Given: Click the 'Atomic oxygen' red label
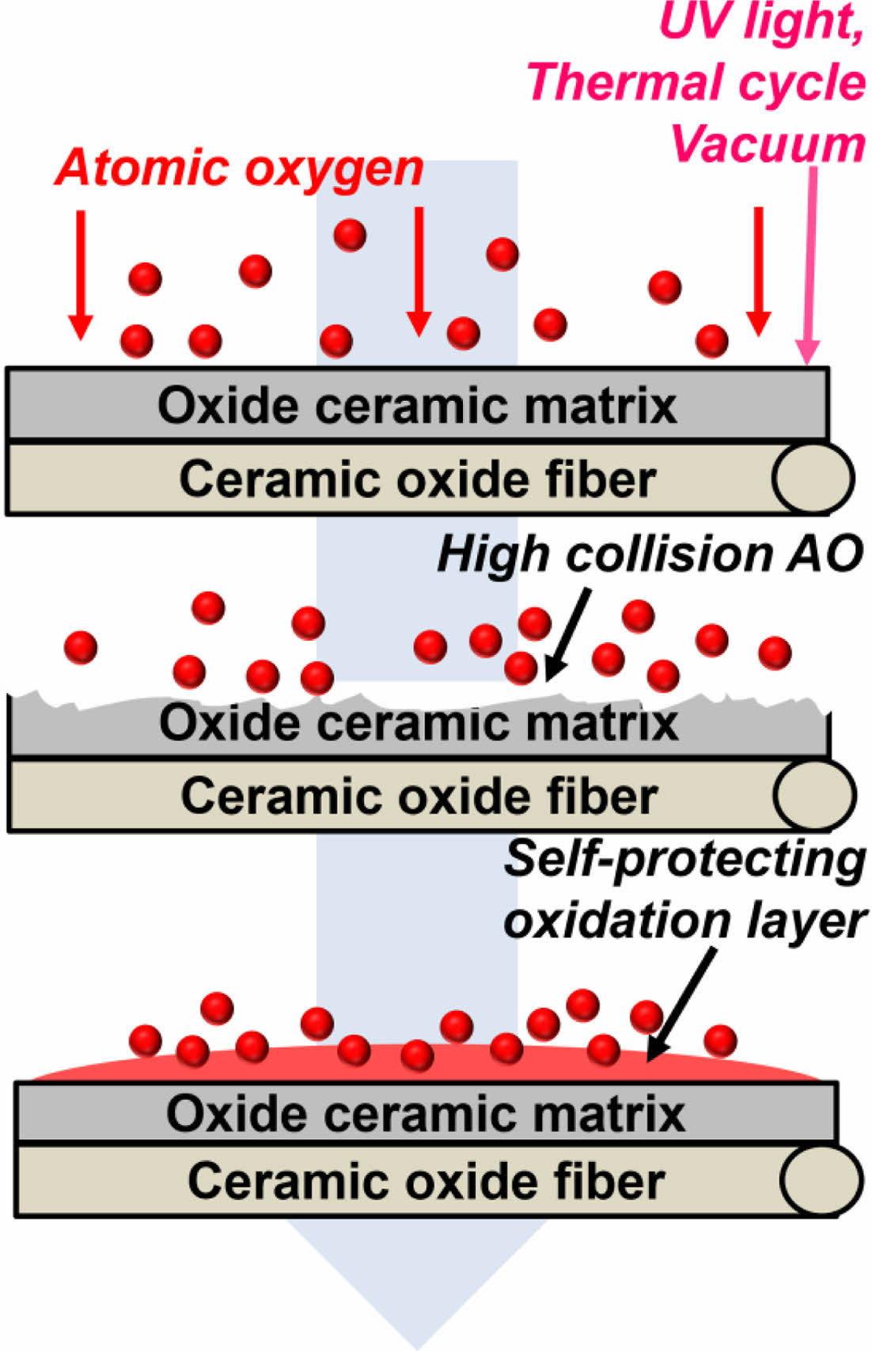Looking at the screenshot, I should [x=239, y=168].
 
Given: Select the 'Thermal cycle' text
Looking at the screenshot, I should [x=696, y=82].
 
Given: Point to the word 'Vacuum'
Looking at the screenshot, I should [x=768, y=144].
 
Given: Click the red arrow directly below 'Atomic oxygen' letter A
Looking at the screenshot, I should [x=80, y=273].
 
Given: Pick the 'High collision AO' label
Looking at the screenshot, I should [x=650, y=553].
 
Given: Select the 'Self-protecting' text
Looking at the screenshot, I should [x=685, y=858].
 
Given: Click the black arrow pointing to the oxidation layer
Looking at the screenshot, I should [x=682, y=1003].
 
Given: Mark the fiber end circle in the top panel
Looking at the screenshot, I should [x=813, y=479].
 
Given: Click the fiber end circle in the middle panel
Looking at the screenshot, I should [x=814, y=795].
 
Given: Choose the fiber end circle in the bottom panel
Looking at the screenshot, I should [x=821, y=1179].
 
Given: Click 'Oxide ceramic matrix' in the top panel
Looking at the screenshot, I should [x=417, y=405].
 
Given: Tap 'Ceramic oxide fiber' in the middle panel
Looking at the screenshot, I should [x=419, y=796].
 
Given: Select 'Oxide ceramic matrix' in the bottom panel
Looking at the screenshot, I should [x=426, y=1114].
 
